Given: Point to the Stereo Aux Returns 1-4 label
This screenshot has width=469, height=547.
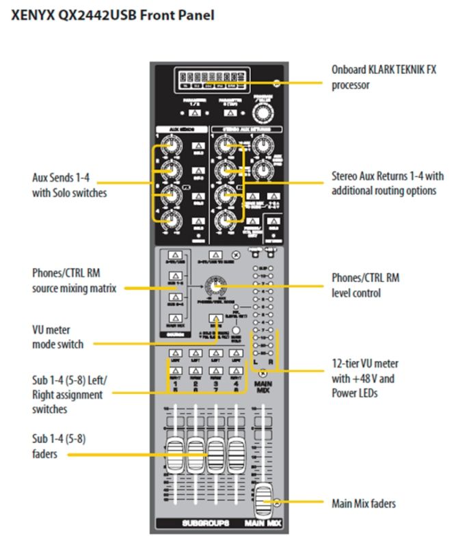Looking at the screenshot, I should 384,184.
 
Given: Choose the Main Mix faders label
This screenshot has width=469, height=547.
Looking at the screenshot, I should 363,504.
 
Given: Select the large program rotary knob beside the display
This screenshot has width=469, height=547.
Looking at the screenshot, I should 259,112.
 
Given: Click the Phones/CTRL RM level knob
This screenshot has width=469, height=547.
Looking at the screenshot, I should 219,286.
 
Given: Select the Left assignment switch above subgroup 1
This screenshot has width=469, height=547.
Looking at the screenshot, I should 173,354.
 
